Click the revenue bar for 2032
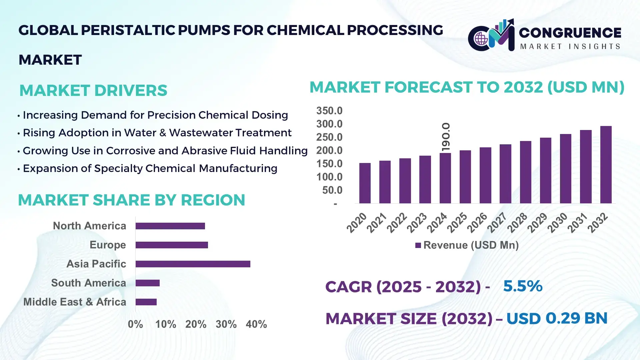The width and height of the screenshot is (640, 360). (606, 165)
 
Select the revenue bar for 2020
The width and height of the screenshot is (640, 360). (365, 183)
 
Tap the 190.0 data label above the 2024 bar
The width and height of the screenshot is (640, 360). (446, 137)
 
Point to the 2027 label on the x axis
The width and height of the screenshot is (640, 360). (497, 223)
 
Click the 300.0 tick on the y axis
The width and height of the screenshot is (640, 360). (329, 124)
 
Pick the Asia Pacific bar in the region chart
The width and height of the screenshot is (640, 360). (193, 264)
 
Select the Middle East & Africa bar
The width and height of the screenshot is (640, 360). (146, 302)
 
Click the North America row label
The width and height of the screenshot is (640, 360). (89, 226)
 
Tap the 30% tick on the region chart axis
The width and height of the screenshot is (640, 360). (226, 324)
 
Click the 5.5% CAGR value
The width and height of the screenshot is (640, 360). (523, 286)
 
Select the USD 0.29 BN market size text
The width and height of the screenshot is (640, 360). (557, 318)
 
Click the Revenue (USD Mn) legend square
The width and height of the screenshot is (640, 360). (418, 246)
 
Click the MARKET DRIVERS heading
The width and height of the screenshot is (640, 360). (93, 91)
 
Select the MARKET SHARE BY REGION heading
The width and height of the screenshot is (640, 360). (131, 200)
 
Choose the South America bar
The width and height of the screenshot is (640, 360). (147, 283)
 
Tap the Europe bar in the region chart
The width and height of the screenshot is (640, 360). (172, 245)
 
